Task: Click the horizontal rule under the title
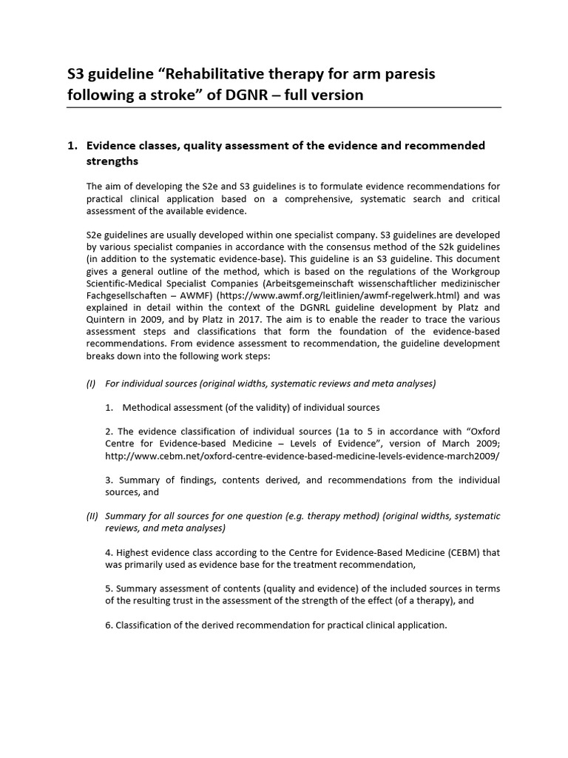[283, 107]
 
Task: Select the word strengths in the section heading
[112, 161]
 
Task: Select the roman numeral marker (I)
[92, 383]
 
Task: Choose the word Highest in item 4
[135, 552]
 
